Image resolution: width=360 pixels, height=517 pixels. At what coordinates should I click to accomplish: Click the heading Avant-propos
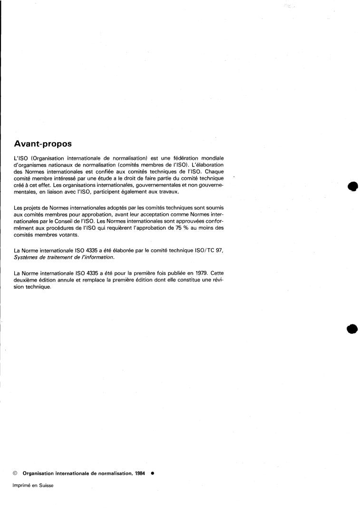click(43, 143)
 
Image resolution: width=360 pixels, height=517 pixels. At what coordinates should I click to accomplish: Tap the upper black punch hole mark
click(352, 186)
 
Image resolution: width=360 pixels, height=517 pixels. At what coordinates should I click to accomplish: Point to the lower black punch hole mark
click(352, 328)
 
